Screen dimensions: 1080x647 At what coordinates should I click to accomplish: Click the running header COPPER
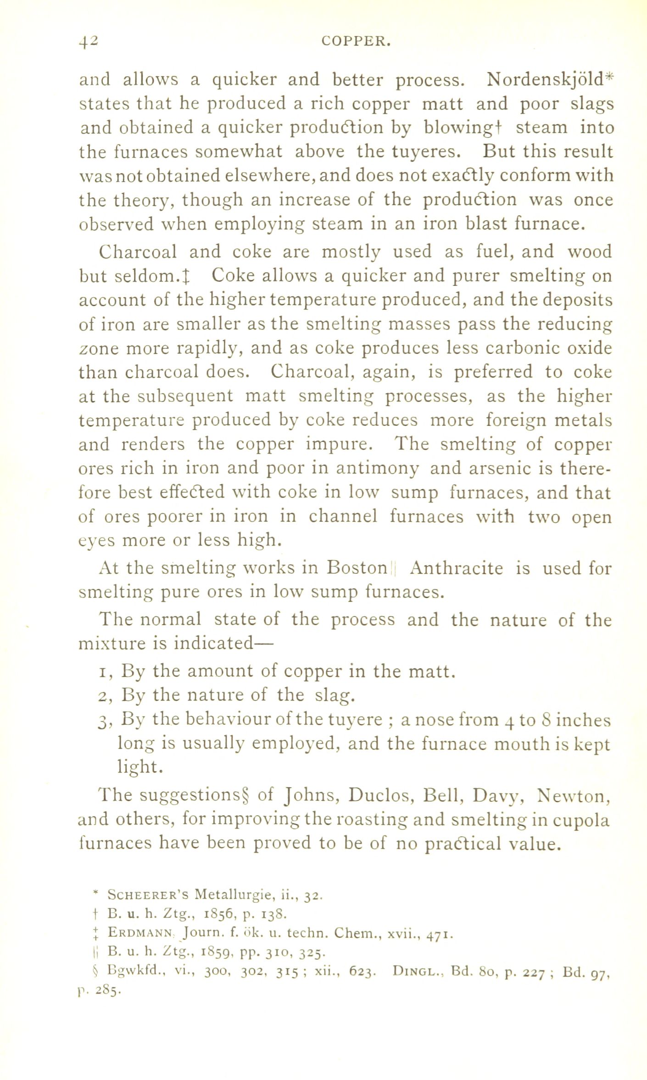point(356,42)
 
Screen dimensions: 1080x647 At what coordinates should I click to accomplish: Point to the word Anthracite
point(457,568)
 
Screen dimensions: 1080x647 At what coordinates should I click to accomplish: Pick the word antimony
point(377,468)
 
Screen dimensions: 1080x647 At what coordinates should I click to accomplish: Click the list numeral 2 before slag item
point(104,696)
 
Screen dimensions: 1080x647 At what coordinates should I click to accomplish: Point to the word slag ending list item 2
point(335,695)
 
